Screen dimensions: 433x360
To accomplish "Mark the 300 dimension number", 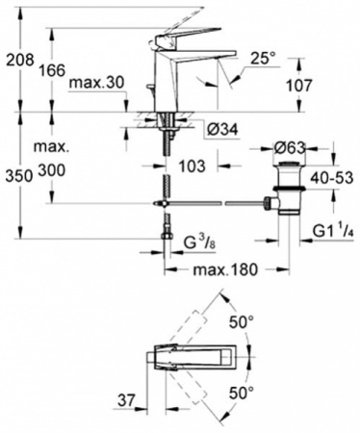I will click(54, 171).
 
